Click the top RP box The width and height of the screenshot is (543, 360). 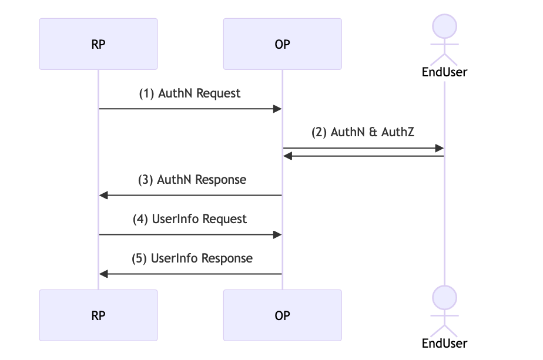(98, 44)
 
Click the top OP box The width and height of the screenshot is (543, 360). (282, 44)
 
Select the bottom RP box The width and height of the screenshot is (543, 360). (98, 315)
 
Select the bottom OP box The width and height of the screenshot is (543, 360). (282, 315)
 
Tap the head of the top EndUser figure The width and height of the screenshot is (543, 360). (444, 26)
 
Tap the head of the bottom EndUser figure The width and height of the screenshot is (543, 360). (444, 297)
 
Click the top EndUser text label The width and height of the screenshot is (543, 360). (444, 72)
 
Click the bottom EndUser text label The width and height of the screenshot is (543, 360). (444, 343)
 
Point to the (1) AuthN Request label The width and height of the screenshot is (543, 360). (190, 93)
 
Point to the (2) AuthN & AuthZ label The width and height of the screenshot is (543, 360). (363, 132)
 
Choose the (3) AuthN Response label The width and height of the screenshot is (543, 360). (192, 180)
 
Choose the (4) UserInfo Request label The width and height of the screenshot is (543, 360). (190, 219)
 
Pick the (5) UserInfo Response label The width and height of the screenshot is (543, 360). (193, 258)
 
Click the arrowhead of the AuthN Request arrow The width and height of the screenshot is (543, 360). (279, 109)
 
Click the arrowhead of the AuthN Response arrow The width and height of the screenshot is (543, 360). (103, 195)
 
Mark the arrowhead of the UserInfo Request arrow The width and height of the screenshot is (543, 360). (279, 234)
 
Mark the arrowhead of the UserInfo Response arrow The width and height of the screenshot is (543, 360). (103, 274)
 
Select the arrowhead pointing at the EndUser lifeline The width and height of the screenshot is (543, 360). (440, 148)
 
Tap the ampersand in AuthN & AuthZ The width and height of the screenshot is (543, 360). (373, 132)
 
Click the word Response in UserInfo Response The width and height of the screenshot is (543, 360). (226, 258)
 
